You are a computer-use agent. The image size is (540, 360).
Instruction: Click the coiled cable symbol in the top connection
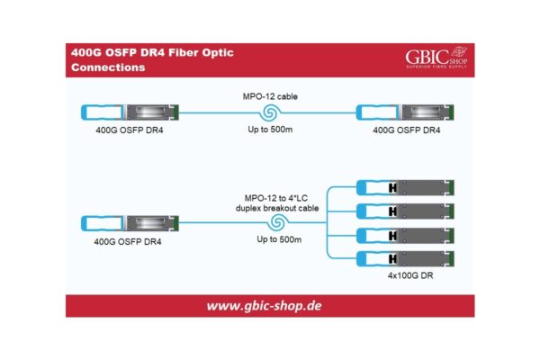(267, 112)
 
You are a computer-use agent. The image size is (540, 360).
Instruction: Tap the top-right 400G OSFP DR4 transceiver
(407, 113)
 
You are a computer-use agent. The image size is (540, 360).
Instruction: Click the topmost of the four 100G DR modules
(407, 187)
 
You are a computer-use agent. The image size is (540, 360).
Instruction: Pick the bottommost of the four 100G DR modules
(407, 260)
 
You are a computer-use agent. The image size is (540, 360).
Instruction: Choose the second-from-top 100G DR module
(407, 211)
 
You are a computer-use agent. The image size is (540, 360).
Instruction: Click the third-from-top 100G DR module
(407, 236)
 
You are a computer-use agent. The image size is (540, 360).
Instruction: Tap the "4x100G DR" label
(407, 278)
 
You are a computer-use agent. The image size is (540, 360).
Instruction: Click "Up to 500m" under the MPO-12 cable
(267, 131)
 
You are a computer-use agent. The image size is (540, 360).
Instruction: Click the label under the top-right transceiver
(407, 131)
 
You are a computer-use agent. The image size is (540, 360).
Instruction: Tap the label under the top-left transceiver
(128, 131)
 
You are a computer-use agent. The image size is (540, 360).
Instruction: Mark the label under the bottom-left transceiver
(128, 241)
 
